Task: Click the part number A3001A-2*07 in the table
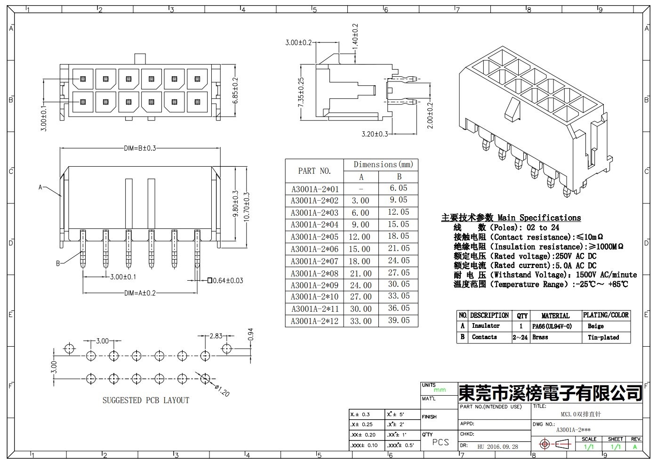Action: pyautogui.click(x=314, y=261)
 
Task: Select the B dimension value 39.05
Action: pyautogui.click(x=399, y=320)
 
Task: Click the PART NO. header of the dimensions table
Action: pyautogui.click(x=314, y=171)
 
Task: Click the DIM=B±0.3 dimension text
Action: pyautogui.click(x=140, y=148)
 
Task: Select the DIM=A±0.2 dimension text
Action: pyautogui.click(x=140, y=293)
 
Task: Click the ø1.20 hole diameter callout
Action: pyautogui.click(x=222, y=390)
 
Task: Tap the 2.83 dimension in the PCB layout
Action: pyautogui.click(x=216, y=336)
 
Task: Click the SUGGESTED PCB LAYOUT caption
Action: pyautogui.click(x=146, y=400)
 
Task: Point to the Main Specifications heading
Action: pyautogui.click(x=511, y=218)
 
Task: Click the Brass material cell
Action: pyautogui.click(x=540, y=337)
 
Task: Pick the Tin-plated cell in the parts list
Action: pyautogui.click(x=603, y=337)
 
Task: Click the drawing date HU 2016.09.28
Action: pyautogui.click(x=497, y=447)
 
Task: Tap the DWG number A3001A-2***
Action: pyautogui.click(x=573, y=430)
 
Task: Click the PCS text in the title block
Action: pyautogui.click(x=441, y=442)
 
